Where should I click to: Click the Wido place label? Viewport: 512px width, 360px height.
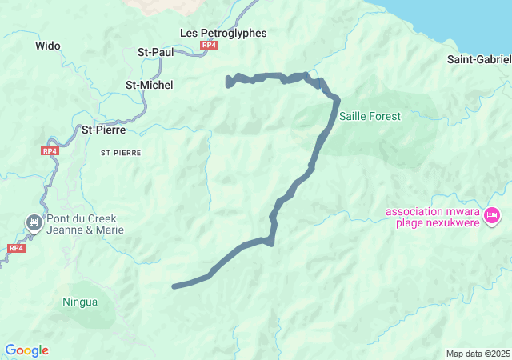click(48, 46)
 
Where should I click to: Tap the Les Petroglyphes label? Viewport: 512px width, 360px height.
click(223, 33)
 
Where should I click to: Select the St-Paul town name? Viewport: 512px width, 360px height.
click(156, 52)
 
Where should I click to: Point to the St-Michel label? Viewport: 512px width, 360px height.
click(150, 84)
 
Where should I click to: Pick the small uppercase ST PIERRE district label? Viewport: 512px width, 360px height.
click(121, 151)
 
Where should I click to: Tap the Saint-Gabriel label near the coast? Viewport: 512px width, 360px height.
click(478, 59)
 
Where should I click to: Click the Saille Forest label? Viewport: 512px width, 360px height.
click(370, 116)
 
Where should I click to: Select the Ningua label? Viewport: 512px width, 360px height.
click(80, 302)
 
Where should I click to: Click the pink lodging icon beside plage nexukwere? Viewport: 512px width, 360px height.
click(493, 214)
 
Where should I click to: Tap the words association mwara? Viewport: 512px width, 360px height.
click(431, 211)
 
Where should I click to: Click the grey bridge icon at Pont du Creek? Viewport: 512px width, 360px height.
click(34, 222)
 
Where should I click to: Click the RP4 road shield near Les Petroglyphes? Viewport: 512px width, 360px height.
click(210, 46)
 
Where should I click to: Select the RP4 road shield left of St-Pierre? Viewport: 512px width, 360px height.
click(50, 150)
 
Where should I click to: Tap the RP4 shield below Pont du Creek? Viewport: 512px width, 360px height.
click(15, 248)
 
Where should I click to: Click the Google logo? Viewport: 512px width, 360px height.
click(26, 350)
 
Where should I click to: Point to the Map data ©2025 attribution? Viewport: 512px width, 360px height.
click(478, 354)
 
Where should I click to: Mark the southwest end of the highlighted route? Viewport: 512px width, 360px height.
click(174, 286)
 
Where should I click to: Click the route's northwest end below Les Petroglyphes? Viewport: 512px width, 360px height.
click(229, 82)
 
